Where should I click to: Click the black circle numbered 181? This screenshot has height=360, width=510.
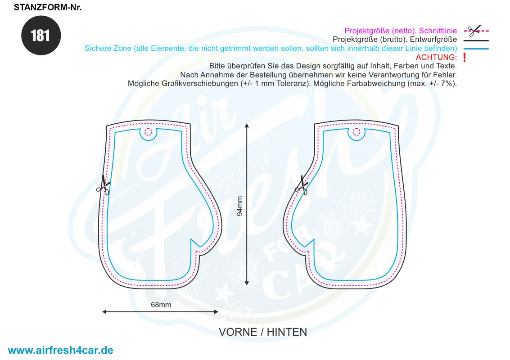(x=41, y=36)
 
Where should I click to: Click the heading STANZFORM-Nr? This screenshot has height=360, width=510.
(x=48, y=8)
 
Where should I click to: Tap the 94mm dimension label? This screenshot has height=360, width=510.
(x=240, y=206)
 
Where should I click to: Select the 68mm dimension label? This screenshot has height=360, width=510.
(x=161, y=305)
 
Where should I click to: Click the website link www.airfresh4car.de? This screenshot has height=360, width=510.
(x=60, y=350)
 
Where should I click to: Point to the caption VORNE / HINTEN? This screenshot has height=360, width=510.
(x=263, y=332)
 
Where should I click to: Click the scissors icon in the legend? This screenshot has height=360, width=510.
(x=474, y=31)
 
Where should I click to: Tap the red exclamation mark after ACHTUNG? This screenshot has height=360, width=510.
(x=465, y=58)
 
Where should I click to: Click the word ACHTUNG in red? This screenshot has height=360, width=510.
(x=436, y=57)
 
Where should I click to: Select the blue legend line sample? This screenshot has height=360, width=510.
(x=476, y=49)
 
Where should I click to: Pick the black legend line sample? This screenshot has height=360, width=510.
(x=476, y=40)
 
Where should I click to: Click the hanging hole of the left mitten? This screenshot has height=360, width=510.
(x=148, y=132)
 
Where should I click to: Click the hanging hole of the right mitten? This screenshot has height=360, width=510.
(x=357, y=132)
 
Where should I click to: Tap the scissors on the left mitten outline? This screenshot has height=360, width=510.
(x=104, y=186)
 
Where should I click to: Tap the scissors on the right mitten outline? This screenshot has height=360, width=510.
(x=302, y=186)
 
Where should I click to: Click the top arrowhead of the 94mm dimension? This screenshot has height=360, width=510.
(x=247, y=126)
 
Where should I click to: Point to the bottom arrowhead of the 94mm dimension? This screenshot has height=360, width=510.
(x=247, y=283)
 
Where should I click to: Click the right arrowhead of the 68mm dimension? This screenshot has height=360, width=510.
(x=216, y=311)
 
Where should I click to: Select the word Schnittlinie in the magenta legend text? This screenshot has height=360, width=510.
(x=438, y=31)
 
